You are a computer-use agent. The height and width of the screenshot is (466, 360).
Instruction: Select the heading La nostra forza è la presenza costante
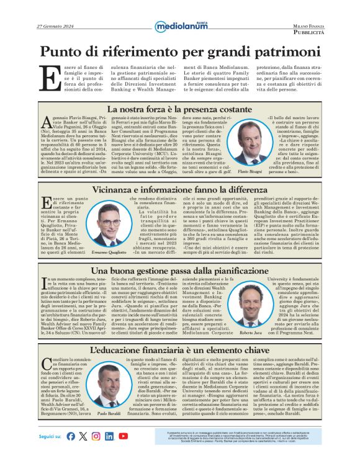(x=179, y=110)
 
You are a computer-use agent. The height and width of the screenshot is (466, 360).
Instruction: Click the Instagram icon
(x=96, y=436)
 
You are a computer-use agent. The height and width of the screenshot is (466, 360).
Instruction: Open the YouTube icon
(x=123, y=436)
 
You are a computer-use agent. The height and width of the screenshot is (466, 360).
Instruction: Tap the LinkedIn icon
(x=109, y=436)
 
